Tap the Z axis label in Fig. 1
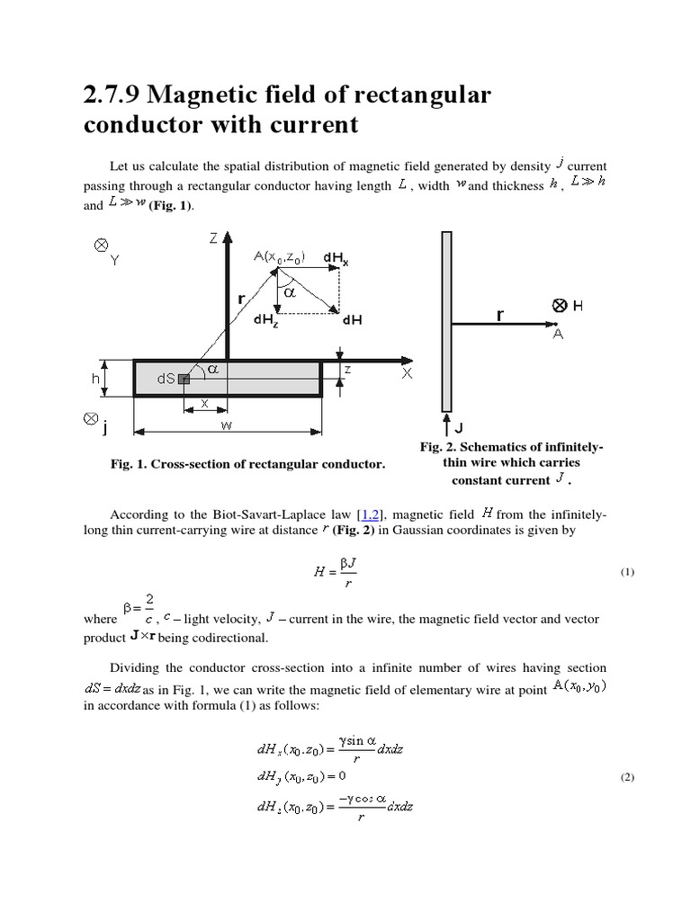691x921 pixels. pos(212,238)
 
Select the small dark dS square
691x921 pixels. pos(184,380)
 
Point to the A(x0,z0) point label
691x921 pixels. pos(279,257)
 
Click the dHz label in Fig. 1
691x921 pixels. pos(266,319)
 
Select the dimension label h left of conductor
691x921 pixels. pos(96,379)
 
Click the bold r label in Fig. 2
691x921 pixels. pos(498,316)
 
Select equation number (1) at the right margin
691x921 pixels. pos(627,573)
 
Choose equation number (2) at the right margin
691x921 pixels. pos(627,778)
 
